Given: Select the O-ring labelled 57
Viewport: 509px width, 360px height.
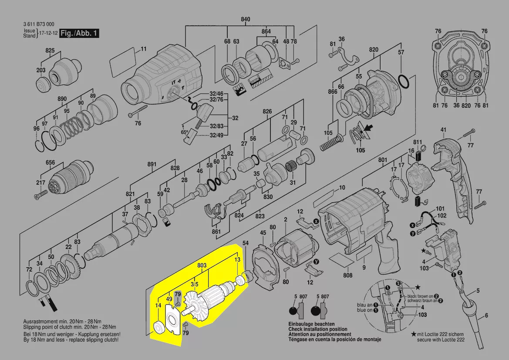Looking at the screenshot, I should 404,81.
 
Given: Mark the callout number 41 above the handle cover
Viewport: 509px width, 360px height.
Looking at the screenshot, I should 443,130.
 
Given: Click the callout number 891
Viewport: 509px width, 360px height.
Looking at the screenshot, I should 152,164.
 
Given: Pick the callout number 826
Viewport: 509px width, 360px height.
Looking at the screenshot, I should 267,112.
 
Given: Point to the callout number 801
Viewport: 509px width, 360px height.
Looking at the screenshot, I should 382,160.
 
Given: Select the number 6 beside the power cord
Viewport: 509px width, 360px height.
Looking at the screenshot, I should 486,316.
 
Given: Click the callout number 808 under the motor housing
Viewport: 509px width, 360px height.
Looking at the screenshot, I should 347,275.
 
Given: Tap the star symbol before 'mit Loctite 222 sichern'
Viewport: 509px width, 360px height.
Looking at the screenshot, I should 413,333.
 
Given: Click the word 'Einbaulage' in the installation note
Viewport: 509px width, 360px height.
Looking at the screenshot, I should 300,325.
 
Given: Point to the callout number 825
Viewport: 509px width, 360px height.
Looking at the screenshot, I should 50,51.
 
